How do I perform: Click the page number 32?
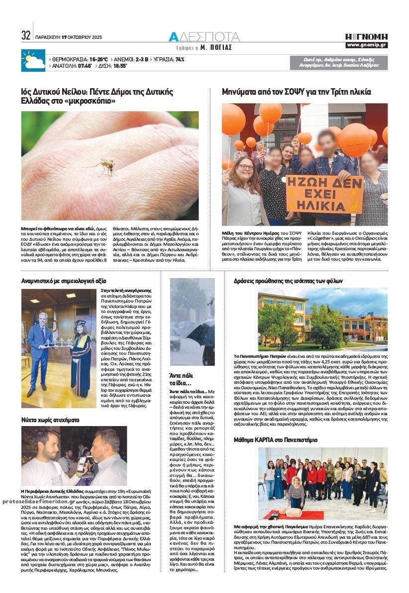(26, 36)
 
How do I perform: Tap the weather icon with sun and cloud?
(33, 61)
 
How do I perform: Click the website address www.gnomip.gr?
(366, 45)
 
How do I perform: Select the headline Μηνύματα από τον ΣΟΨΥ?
(297, 92)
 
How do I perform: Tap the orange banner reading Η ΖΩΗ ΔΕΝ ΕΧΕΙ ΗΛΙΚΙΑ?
(324, 193)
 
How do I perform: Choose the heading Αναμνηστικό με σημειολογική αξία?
(64, 281)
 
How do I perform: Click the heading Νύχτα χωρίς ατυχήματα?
(50, 420)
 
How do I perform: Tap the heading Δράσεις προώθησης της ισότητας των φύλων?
(288, 281)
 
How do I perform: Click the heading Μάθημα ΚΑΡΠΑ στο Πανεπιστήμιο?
(275, 440)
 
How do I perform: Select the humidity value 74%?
(180, 59)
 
